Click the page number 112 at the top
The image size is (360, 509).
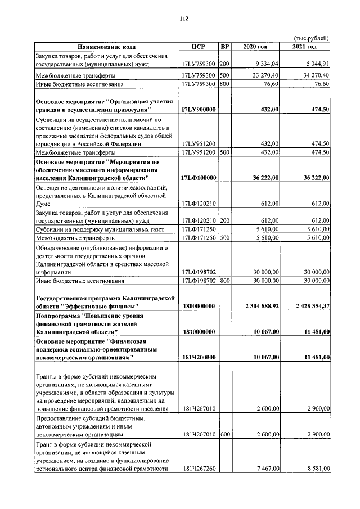coord(183,19)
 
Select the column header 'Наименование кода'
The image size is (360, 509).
coord(106,47)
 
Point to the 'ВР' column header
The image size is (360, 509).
coord(225,47)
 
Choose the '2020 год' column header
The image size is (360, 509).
coord(256,47)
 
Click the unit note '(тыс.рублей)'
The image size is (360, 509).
coord(311,38)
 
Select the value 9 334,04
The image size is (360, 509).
coord(267,64)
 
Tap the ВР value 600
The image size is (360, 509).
coord(224,435)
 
